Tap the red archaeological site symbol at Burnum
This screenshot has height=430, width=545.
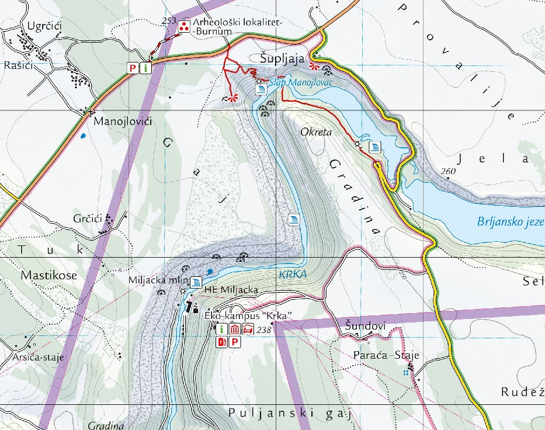(183, 26)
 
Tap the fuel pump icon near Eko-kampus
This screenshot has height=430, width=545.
(222, 342)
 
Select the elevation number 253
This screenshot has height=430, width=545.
(169, 21)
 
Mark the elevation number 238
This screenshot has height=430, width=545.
(265, 330)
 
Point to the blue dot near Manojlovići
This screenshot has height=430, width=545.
(83, 136)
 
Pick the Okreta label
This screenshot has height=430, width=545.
(315, 132)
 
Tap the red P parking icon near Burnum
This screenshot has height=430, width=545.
(133, 68)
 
